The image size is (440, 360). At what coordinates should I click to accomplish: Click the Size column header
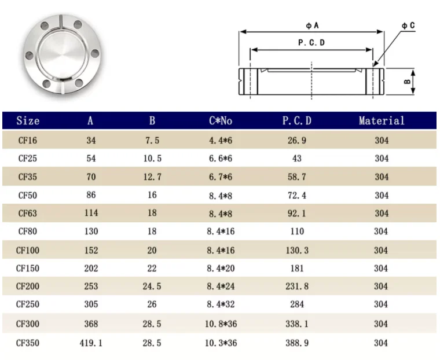coord(28,121)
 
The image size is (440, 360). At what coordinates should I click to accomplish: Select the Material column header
coord(381,121)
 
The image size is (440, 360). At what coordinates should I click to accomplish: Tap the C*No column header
coord(220,121)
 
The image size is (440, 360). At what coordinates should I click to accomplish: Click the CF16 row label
coord(28,140)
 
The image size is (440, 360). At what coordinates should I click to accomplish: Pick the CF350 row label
coord(28,343)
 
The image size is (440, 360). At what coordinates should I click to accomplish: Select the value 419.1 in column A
coord(91,343)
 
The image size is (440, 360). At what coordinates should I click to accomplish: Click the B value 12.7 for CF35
coord(152,177)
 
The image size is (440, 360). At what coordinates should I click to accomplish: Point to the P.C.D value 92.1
coord(296,214)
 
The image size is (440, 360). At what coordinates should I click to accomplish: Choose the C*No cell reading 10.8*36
coord(221,324)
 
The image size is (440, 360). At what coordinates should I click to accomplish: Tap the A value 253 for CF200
coord(91,286)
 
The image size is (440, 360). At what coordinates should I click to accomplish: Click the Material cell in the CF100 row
coord(381,251)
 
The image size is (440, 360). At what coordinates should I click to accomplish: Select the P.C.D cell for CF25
coord(296,159)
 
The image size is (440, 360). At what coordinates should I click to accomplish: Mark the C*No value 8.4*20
coord(221,269)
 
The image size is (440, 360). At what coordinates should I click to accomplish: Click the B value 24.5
coord(152,286)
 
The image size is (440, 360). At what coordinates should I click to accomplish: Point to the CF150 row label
coord(28,269)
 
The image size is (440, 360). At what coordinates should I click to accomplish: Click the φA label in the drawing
coord(313,25)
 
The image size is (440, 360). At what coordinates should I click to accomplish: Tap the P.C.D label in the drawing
coord(311,43)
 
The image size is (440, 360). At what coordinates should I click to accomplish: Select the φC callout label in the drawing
coord(408,25)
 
